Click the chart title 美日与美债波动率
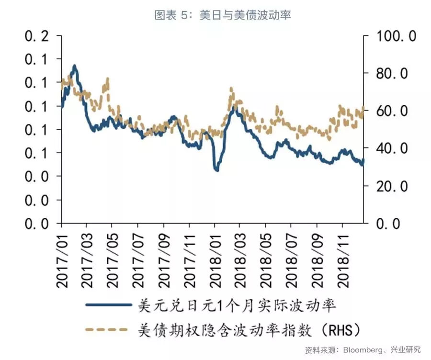[x=222, y=15]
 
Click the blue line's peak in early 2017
[x=74, y=66]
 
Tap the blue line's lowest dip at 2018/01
[x=216, y=169]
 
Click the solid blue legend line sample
[x=108, y=304]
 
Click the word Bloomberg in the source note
[x=365, y=350]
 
